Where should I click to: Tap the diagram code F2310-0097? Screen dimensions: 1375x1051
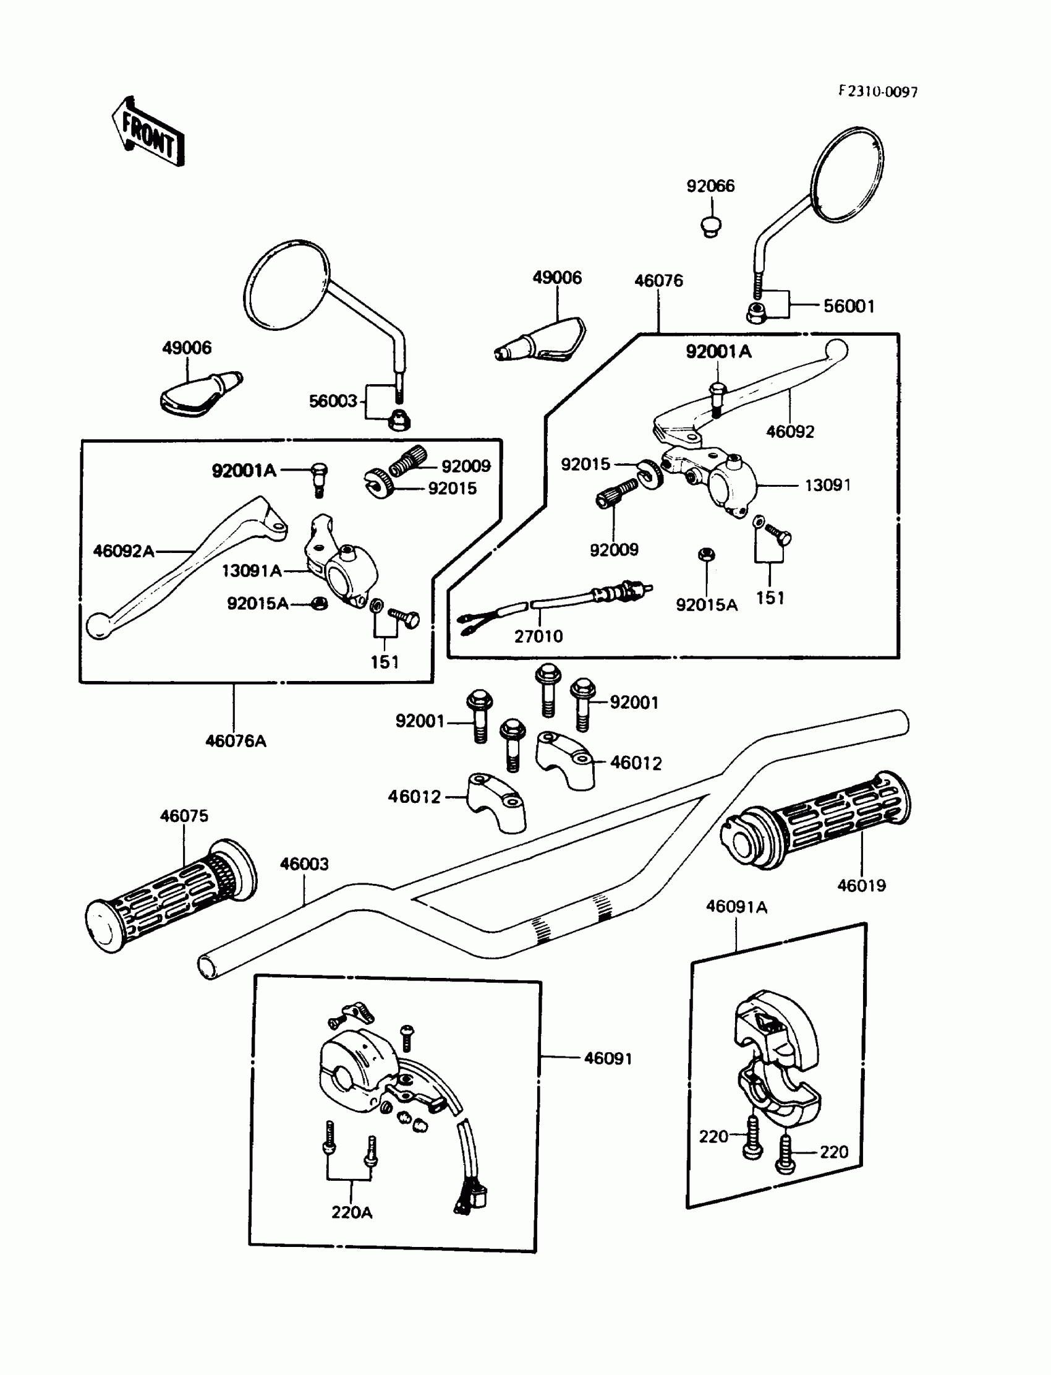pyautogui.click(x=878, y=92)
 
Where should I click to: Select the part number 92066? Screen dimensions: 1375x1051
pyautogui.click(x=710, y=186)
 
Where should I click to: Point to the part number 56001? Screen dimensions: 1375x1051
pyautogui.click(x=848, y=306)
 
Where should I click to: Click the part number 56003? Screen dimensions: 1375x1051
pyautogui.click(x=332, y=401)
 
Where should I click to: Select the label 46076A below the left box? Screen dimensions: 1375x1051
pyautogui.click(x=235, y=741)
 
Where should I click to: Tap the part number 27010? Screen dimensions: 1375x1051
pyautogui.click(x=538, y=636)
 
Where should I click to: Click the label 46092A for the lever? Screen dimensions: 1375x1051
pyautogui.click(x=123, y=550)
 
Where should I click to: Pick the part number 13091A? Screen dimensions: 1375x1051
pyautogui.click(x=252, y=571)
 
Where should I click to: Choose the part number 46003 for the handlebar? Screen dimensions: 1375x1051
pyautogui.click(x=304, y=863)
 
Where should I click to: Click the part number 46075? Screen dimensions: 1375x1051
pyautogui.click(x=184, y=815)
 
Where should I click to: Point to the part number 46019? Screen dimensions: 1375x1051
pyautogui.click(x=861, y=886)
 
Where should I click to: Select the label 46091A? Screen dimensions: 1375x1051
pyautogui.click(x=736, y=907)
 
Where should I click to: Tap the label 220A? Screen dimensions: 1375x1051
pyautogui.click(x=352, y=1212)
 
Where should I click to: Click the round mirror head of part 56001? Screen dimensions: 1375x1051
pyautogui.click(x=848, y=174)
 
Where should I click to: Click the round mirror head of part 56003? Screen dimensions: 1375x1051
pyautogui.click(x=286, y=284)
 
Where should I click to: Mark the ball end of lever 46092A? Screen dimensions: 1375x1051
pyautogui.click(x=98, y=626)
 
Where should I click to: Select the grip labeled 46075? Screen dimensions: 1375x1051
pyautogui.click(x=170, y=896)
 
